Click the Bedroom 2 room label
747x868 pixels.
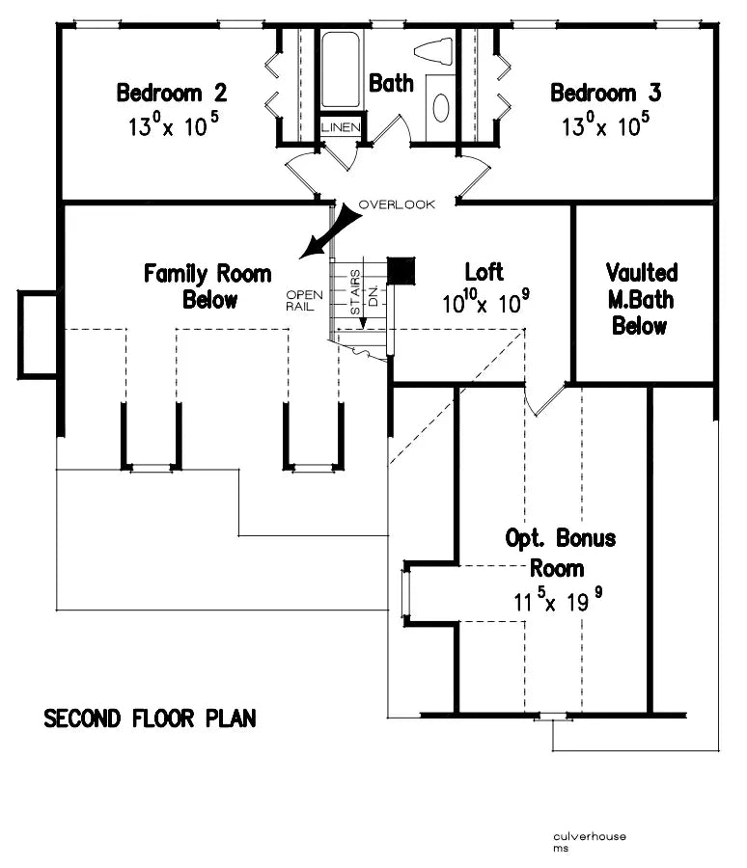coord(172,94)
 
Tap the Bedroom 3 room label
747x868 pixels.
coord(606,94)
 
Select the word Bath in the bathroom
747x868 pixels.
coord(391,84)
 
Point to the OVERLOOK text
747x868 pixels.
coord(397,204)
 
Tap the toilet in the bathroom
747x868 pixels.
coord(433,51)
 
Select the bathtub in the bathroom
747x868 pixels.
coord(340,69)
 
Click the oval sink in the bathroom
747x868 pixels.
coord(440,106)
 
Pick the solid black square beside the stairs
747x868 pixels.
coord(401,271)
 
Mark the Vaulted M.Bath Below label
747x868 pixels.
coord(641,299)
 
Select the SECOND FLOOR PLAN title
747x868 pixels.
coord(150,719)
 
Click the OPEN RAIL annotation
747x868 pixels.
coord(298,300)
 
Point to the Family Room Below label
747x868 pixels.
coord(207,286)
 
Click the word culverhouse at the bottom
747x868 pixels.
coord(590,836)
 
